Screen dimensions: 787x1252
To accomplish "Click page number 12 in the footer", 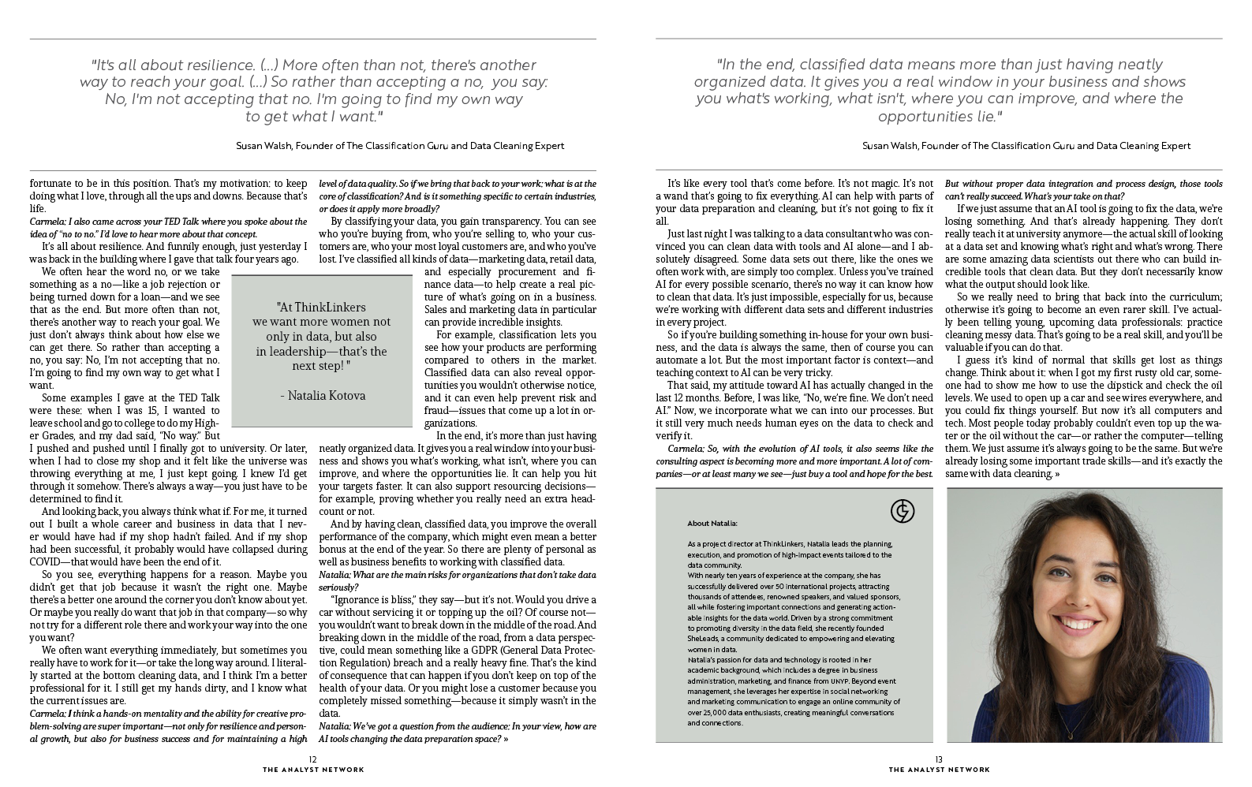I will [x=312, y=759].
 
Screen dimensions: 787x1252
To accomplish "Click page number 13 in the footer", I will [x=939, y=759].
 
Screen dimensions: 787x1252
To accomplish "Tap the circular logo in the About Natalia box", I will [x=902, y=512].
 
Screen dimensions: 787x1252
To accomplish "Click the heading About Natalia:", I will [x=712, y=523].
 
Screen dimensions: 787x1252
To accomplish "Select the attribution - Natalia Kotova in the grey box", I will [x=323, y=396].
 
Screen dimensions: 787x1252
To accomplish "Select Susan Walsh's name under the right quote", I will [x=891, y=146].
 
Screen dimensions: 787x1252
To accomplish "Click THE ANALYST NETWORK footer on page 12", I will [x=313, y=770].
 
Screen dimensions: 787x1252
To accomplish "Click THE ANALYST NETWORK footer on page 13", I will [x=939, y=770].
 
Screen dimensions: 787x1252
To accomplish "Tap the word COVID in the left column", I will [x=49, y=561].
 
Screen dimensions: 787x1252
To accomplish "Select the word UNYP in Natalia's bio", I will [x=839, y=680].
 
